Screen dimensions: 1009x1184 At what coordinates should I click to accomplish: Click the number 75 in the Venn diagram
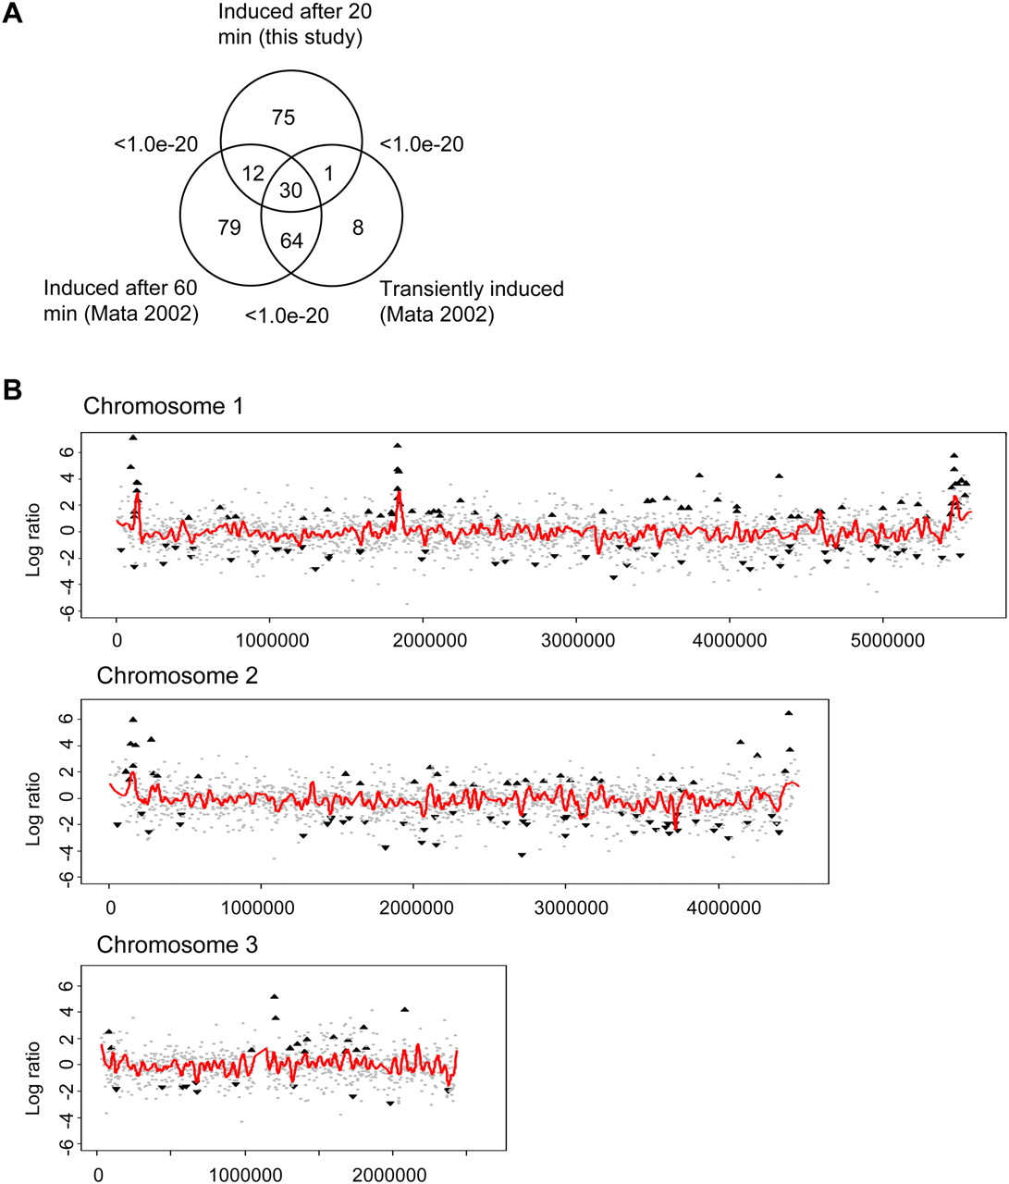(x=283, y=117)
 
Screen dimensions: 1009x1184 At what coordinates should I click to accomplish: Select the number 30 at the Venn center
(x=291, y=191)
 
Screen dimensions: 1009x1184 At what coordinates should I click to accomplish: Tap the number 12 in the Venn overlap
(x=253, y=173)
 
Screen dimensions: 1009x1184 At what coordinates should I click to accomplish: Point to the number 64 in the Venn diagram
(x=291, y=240)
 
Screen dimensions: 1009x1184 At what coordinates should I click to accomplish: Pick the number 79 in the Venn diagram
(x=229, y=228)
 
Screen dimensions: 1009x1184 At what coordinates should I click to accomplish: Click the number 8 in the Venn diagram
(x=358, y=228)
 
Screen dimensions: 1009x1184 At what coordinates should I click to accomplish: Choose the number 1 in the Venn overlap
(x=328, y=173)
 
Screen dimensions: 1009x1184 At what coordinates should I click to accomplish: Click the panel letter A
(x=13, y=13)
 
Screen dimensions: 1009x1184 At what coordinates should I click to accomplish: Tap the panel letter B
(x=13, y=390)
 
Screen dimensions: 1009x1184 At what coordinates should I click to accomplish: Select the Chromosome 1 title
(x=163, y=406)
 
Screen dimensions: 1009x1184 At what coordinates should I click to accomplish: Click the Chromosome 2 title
(x=177, y=675)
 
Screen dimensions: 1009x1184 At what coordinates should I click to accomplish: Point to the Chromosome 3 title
(x=177, y=944)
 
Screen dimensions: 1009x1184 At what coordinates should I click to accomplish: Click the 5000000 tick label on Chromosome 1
(x=888, y=640)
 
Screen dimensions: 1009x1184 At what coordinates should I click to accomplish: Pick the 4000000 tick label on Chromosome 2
(x=724, y=908)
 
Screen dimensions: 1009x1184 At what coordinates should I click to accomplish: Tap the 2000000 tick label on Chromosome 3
(x=389, y=1176)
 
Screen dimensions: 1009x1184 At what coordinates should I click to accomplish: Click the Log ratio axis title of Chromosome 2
(x=33, y=808)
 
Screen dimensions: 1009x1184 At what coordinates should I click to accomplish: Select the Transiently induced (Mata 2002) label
(x=472, y=302)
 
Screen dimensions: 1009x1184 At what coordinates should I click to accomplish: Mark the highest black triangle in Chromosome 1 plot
(x=133, y=438)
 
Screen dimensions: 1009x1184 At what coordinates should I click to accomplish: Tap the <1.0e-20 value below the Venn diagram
(x=287, y=315)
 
